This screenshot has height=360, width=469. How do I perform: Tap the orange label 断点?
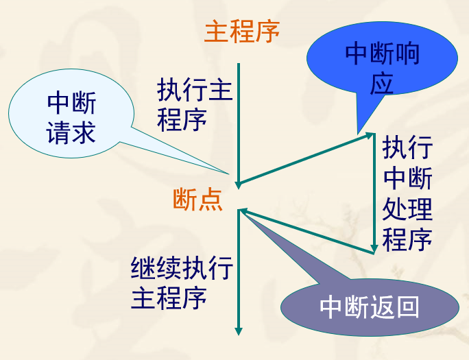[x=197, y=199]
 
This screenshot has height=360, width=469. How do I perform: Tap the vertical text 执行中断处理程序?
[x=407, y=193]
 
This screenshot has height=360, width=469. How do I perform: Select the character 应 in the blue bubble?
[x=383, y=84]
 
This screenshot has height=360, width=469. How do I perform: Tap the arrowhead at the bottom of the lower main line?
[x=239, y=330]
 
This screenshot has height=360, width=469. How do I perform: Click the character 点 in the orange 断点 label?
[x=211, y=199]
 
